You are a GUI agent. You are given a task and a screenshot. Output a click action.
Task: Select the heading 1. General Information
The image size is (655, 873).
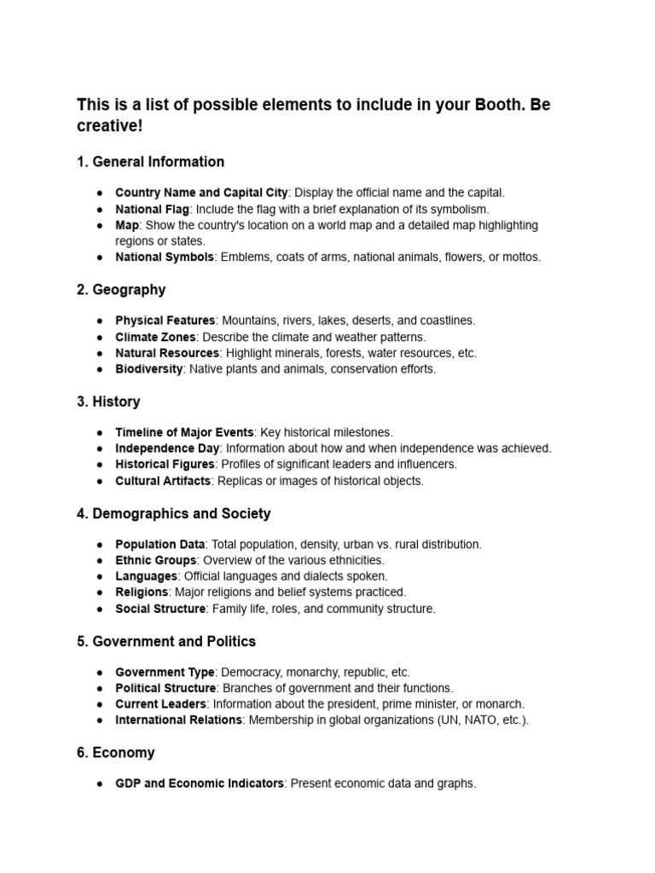(150, 162)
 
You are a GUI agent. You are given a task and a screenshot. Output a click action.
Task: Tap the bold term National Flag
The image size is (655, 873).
(153, 209)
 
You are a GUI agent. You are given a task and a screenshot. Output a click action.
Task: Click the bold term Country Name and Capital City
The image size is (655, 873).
(201, 193)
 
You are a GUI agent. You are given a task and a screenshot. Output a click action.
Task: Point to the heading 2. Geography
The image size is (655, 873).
(120, 290)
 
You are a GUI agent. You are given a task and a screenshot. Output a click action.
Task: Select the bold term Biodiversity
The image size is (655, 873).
(148, 369)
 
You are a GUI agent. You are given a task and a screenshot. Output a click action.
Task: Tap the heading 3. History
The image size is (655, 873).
(108, 402)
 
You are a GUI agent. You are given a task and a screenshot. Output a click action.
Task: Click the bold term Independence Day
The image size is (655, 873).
(167, 448)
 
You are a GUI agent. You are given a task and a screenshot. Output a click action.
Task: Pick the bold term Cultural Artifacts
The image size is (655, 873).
(162, 481)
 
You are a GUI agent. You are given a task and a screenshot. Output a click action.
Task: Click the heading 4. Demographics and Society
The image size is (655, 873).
(173, 513)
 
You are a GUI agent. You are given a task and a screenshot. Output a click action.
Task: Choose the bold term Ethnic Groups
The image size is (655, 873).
(155, 560)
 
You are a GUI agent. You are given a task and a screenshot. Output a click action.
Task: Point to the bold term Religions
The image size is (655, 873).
(142, 592)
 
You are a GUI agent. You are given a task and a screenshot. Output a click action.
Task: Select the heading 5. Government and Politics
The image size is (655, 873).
(165, 641)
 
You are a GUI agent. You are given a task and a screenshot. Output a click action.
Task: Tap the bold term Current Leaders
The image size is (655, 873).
(160, 704)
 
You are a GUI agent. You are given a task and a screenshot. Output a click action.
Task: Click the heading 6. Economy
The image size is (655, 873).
(115, 753)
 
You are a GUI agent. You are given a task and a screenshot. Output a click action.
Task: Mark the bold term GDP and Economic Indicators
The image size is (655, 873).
(199, 783)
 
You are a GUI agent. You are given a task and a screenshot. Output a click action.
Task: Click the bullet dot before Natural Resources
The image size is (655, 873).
(100, 353)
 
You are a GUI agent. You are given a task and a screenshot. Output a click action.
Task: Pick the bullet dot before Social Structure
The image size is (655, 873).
(100, 609)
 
